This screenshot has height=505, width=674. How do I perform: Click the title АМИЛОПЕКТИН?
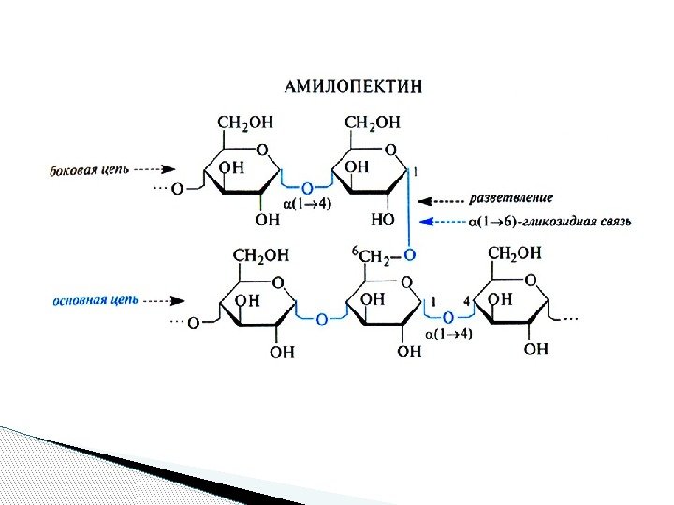point(353,86)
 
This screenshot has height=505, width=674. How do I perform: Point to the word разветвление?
point(511,198)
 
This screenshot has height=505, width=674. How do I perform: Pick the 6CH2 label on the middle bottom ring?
point(371,255)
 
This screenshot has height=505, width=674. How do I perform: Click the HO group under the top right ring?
point(381,220)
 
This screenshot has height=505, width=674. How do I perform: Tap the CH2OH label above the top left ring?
point(245,122)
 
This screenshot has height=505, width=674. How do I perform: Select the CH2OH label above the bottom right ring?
point(515,252)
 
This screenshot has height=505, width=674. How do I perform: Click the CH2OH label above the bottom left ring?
point(260,254)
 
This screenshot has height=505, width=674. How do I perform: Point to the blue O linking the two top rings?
point(306,184)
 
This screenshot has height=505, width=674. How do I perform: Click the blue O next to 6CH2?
point(408,254)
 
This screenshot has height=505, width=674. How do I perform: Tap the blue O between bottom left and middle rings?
point(321,319)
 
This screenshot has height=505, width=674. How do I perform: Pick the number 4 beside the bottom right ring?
point(467,301)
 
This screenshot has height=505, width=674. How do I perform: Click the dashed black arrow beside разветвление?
point(444,199)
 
